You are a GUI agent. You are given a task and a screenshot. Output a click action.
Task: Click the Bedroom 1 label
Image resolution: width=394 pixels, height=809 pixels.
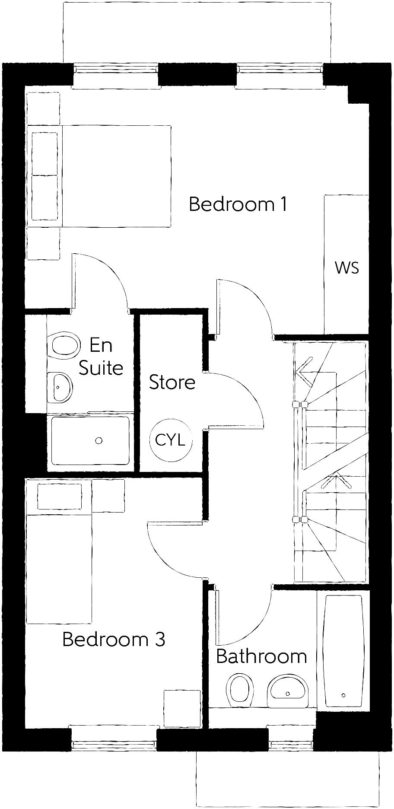pyautogui.click(x=238, y=204)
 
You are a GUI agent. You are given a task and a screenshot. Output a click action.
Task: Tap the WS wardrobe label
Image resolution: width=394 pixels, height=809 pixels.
pyautogui.click(x=346, y=268)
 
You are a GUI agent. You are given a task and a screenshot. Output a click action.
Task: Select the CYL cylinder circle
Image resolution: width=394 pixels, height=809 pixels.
pyautogui.click(x=170, y=440)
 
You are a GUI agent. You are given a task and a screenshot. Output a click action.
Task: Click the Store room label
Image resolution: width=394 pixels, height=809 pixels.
pyautogui.click(x=172, y=382)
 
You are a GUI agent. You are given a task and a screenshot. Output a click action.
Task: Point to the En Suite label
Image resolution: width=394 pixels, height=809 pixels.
pyautogui.click(x=101, y=357)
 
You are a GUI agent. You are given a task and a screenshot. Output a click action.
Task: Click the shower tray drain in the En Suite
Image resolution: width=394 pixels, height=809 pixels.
pyautogui.click(x=99, y=440)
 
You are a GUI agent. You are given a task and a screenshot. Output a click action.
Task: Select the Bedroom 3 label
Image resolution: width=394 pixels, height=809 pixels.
pyautogui.click(x=114, y=639)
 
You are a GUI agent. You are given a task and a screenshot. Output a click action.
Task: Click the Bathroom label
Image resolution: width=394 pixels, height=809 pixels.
pyautogui.click(x=261, y=656)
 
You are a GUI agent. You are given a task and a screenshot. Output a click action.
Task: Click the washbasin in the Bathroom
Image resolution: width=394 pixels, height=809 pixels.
pyautogui.click(x=288, y=691)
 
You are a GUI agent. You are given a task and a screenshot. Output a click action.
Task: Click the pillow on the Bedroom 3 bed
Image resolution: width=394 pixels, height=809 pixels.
pyautogui.click(x=60, y=497)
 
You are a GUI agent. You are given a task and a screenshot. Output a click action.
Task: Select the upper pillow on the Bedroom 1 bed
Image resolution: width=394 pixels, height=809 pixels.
pyautogui.click(x=45, y=153)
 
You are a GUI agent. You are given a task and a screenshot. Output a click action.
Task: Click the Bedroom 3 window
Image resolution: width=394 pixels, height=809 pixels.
pyautogui.click(x=114, y=744)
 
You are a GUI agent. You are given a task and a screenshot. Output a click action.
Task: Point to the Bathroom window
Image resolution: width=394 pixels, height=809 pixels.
pyautogui.click(x=290, y=744)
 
